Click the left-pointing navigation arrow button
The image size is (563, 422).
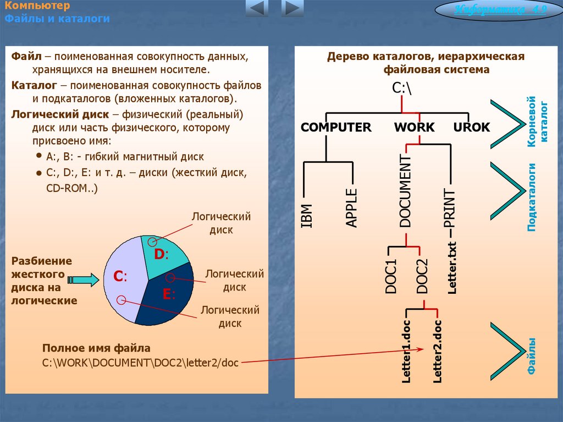click(256, 8)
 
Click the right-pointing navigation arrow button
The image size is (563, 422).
click(292, 8)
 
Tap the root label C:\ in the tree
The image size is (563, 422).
click(401, 88)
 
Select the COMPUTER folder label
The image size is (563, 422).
click(336, 128)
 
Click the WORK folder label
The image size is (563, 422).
click(414, 128)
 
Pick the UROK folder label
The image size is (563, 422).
click(472, 128)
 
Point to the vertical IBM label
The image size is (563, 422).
click(307, 216)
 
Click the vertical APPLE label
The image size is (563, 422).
click(351, 207)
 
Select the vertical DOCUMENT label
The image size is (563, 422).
click(405, 191)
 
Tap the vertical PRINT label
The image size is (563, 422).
click(450, 209)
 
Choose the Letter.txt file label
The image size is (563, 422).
click(452, 267)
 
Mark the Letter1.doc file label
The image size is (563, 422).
click(406, 350)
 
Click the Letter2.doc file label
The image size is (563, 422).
click(438, 350)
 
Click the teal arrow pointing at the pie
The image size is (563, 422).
click(85, 280)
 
